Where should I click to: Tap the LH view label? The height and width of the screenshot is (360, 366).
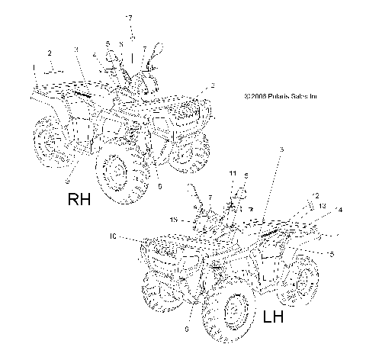pyautogui.click(x=271, y=317)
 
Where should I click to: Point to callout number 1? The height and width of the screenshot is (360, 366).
pyautogui.click(x=34, y=69)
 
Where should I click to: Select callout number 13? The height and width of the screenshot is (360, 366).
pyautogui.click(x=322, y=206)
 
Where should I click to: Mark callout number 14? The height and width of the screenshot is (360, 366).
pyautogui.click(x=338, y=210)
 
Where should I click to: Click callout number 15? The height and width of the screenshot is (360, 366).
pyautogui.click(x=175, y=219)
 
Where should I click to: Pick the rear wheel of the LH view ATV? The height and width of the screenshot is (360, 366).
pyautogui.click(x=307, y=280)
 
